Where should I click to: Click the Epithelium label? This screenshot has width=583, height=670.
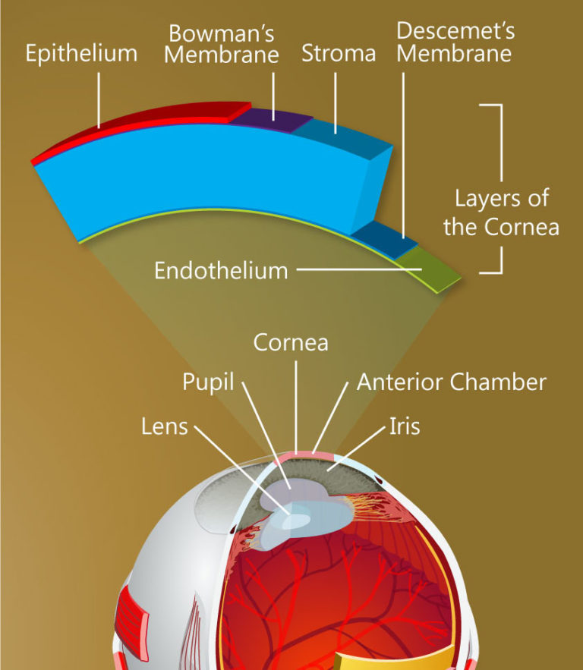point(81,53)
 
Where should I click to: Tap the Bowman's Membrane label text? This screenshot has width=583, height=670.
point(222,44)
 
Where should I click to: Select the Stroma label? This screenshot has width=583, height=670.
point(339,53)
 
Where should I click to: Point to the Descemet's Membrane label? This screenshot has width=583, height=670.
point(455,42)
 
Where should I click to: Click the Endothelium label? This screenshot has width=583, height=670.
point(221,270)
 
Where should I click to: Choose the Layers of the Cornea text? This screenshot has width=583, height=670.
point(501,212)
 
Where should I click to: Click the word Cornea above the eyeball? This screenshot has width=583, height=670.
point(291,342)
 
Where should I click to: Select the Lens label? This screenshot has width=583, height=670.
point(164,426)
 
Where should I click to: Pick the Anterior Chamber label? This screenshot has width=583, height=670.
point(451,382)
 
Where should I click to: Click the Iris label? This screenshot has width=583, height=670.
point(403,426)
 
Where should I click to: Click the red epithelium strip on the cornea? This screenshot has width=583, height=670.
point(152,125)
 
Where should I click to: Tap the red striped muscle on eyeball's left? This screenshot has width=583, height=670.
point(131,607)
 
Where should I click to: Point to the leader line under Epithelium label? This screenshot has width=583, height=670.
point(99,99)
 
